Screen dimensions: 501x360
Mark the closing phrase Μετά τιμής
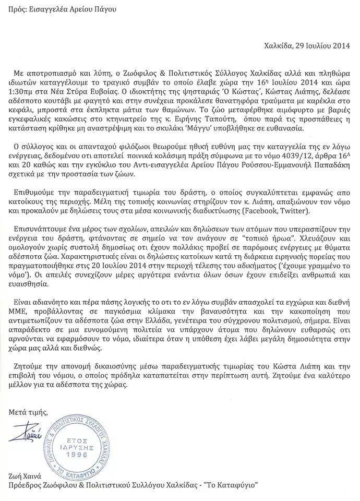28,412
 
